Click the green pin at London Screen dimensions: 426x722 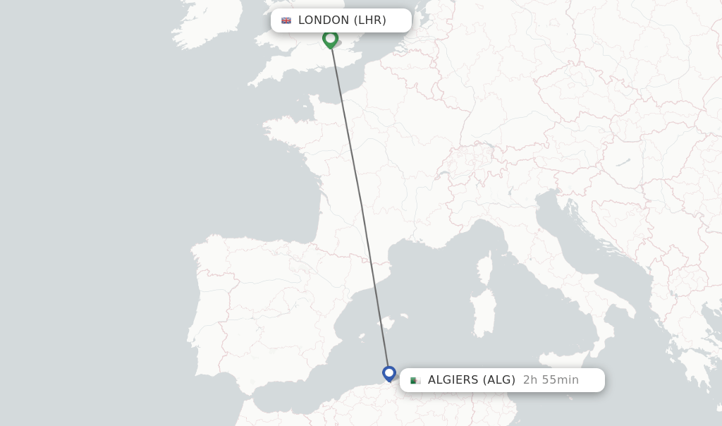[x=330, y=38]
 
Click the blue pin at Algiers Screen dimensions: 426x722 [x=389, y=372]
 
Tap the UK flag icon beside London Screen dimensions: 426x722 [x=286, y=20]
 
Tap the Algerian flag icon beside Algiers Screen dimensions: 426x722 [x=415, y=380]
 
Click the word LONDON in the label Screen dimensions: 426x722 [x=324, y=20]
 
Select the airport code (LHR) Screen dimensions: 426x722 [x=369, y=20]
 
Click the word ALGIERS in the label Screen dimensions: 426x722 [x=453, y=380]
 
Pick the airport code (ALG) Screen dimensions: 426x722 [x=499, y=380]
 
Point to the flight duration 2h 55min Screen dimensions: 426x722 [x=551, y=380]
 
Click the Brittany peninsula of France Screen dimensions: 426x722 [x=282, y=130]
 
